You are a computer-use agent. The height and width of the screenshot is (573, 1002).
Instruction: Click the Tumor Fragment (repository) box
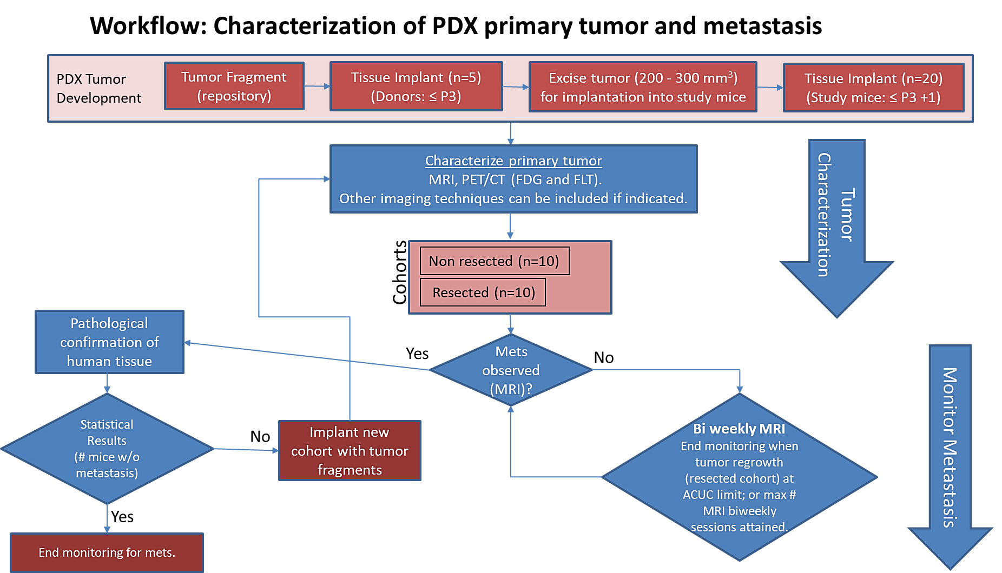[234, 86]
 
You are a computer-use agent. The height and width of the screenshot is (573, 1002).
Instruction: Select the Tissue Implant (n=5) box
[416, 86]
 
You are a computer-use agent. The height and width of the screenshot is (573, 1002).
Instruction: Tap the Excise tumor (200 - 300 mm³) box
[643, 87]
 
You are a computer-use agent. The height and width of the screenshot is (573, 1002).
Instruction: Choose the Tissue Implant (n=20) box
[873, 88]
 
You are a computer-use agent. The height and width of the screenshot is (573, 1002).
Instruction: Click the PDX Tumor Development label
[98, 88]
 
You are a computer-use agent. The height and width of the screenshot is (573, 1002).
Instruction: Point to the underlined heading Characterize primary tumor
[513, 161]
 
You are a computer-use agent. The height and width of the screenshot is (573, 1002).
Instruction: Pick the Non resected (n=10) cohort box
[495, 261]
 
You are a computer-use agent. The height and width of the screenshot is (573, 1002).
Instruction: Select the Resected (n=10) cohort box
[483, 292]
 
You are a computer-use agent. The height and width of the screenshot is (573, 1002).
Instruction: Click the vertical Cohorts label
[400, 272]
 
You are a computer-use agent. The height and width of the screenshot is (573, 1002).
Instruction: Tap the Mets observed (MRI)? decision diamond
[511, 370]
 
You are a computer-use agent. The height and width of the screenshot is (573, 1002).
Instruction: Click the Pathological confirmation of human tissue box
[109, 342]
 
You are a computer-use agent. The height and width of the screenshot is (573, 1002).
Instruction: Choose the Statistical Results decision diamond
[107, 449]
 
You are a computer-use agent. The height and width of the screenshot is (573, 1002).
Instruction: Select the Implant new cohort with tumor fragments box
[350, 451]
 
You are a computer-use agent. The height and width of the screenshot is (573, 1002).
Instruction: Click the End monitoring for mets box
[107, 552]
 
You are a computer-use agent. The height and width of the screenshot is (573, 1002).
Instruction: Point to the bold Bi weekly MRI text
[739, 429]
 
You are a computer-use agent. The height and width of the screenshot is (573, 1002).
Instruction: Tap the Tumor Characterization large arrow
[836, 227]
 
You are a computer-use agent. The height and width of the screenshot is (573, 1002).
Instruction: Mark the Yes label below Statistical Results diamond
[122, 517]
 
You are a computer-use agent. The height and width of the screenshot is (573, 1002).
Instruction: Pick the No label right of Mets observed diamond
[604, 357]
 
